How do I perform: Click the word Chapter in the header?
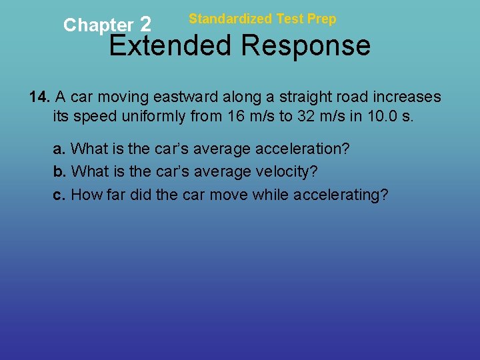[x=98, y=25]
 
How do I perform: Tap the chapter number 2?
[x=146, y=25]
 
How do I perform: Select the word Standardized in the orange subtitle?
[x=230, y=19]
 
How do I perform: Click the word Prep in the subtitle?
[x=322, y=19]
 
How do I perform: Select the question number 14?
[x=40, y=97]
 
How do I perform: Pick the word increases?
[x=407, y=97]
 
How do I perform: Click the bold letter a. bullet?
[x=59, y=149]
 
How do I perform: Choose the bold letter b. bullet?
[x=59, y=172]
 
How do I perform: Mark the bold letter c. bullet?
[x=59, y=195]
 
